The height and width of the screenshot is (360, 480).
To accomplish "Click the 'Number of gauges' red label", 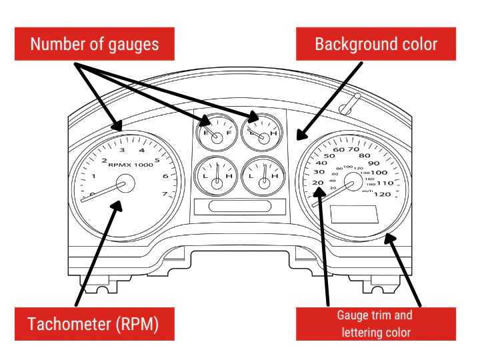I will point(95,45).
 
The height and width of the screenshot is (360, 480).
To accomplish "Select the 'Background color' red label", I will point(376,45).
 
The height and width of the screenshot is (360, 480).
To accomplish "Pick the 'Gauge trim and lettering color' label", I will point(375,323).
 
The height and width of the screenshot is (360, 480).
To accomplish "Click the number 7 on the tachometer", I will point(164,194).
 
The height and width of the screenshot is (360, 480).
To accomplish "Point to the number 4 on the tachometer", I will point(142,151).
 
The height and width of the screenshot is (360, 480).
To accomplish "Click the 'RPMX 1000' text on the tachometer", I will point(129,164).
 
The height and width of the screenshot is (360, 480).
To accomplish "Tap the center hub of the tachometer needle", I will point(125,185).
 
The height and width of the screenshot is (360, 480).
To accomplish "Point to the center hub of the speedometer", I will point(353,181).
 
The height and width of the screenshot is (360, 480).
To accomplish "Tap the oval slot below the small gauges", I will point(239,206).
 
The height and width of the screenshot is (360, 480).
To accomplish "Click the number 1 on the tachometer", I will point(94,176).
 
